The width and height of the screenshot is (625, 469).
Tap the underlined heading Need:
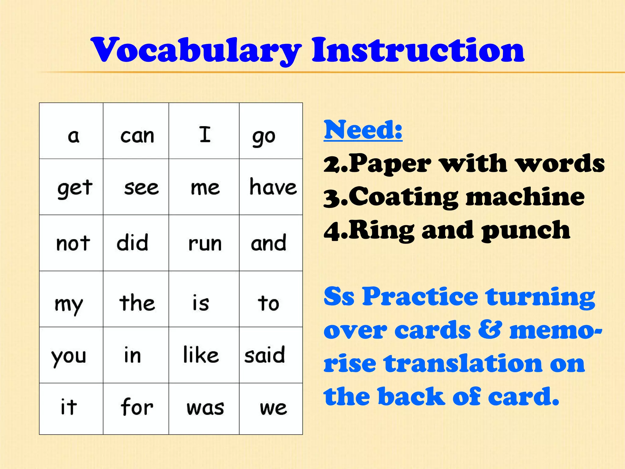[x=363, y=130]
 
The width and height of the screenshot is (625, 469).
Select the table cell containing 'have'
[x=273, y=187]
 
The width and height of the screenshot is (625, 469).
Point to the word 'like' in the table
[x=201, y=355]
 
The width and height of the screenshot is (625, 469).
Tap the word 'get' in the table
[x=75, y=187]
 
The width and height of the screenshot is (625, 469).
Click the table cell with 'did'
[x=132, y=243]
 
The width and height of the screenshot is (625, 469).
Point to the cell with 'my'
[x=69, y=304]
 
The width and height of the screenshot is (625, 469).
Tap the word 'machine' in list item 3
[x=525, y=197]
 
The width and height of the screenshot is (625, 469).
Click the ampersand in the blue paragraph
[x=490, y=330]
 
